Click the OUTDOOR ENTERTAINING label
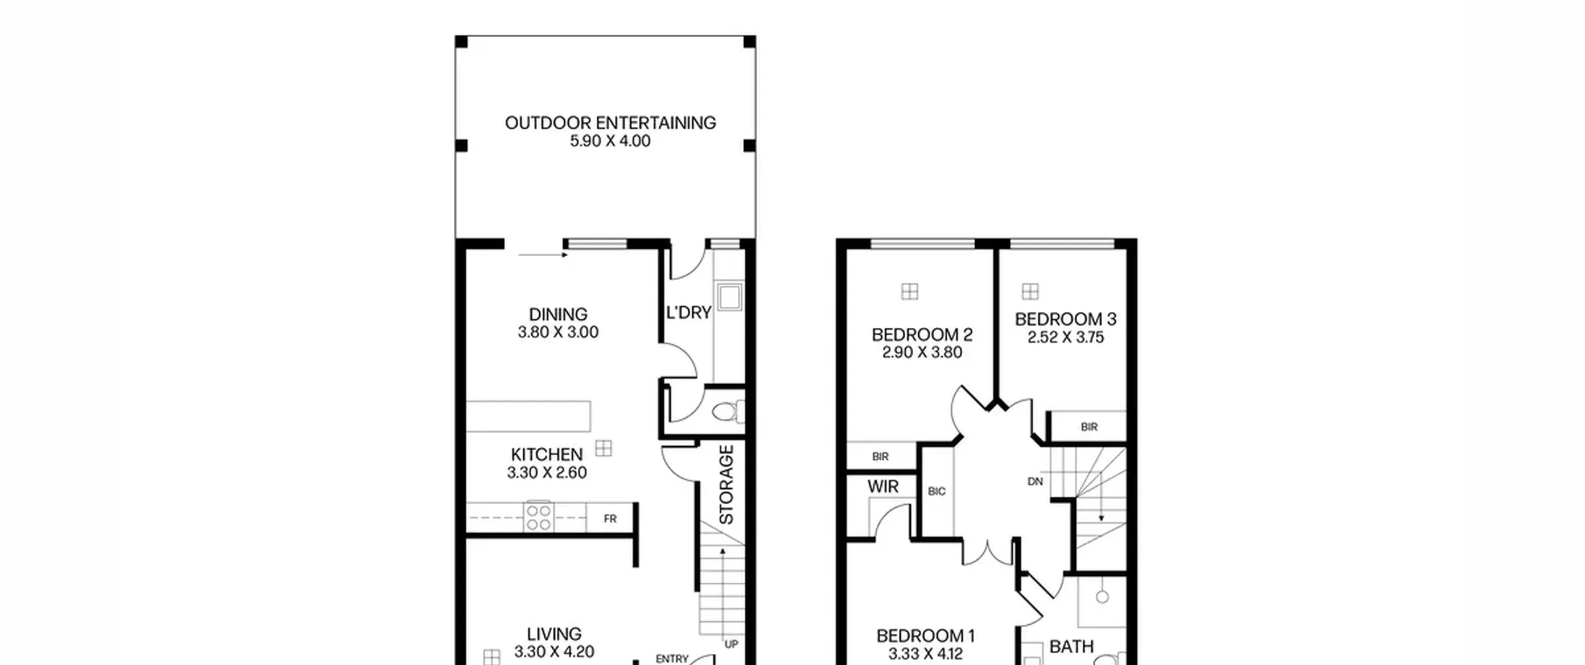click(610, 123)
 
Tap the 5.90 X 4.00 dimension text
click(610, 141)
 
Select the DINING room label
click(558, 314)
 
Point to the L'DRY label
click(688, 312)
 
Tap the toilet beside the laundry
click(729, 411)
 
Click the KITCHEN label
click(547, 455)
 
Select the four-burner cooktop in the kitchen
click(538, 518)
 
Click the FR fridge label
click(610, 519)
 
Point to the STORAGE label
click(726, 484)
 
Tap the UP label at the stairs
click(731, 644)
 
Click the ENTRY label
click(672, 659)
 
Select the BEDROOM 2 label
click(922, 335)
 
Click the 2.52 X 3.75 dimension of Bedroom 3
click(1066, 337)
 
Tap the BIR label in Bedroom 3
click(1089, 427)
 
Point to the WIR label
click(883, 487)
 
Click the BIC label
click(937, 491)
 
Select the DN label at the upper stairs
click(1035, 481)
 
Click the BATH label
click(1072, 647)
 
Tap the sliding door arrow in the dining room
click(543, 255)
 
